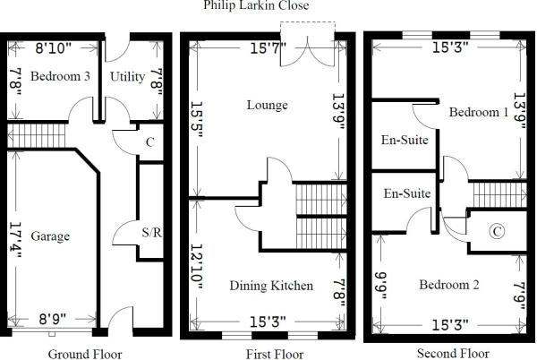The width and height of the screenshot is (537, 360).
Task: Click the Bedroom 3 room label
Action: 60,76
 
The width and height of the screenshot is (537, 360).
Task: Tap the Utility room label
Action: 127,77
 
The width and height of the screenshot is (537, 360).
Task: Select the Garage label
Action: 50,236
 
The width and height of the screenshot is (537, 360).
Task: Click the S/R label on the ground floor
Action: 152,233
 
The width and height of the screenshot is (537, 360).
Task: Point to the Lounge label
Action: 267,105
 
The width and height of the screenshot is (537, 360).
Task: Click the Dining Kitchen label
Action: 271,286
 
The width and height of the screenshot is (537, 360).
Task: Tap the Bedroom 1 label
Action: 479,112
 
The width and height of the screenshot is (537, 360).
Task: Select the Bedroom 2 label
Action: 449,285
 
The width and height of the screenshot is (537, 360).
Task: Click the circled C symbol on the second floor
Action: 497,231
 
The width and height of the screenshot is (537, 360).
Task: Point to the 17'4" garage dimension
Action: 16,239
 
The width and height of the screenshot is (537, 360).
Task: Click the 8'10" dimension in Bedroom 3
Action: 54,48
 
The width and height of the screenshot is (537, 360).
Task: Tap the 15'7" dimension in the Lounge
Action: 268,47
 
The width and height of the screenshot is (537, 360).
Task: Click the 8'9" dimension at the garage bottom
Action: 53,320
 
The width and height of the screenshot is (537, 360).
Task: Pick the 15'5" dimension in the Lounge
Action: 197,119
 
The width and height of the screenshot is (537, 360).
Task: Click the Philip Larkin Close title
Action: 256,5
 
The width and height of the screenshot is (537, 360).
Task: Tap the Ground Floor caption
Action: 85,354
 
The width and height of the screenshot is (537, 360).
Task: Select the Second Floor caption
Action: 453,353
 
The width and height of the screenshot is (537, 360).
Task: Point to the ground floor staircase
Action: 37,136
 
